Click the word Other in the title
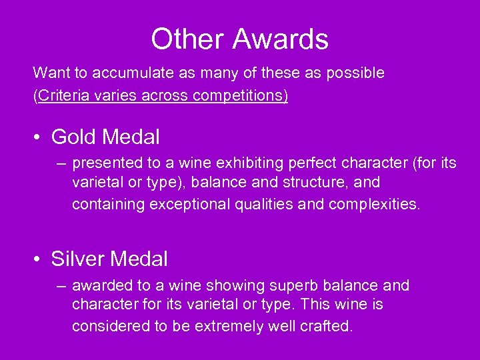tap(181, 39)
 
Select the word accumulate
tap(125, 73)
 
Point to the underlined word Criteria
tap(63, 95)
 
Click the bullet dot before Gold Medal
tap(39, 137)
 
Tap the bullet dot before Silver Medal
tap(39, 259)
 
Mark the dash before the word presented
tap(61, 163)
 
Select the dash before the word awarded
tap(61, 285)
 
